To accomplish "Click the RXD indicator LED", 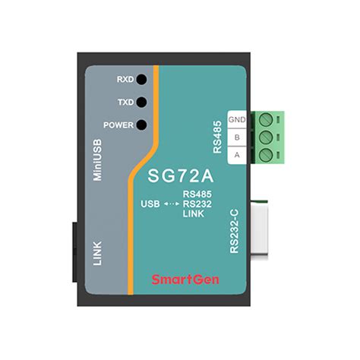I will pos(141,78).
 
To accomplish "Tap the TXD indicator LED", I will pos(141,102).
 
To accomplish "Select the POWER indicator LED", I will pos(141,125).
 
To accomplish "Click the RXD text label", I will pos(125,79).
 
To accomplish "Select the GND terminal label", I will pos(236,120).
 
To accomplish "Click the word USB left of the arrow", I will pos(150,204).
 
